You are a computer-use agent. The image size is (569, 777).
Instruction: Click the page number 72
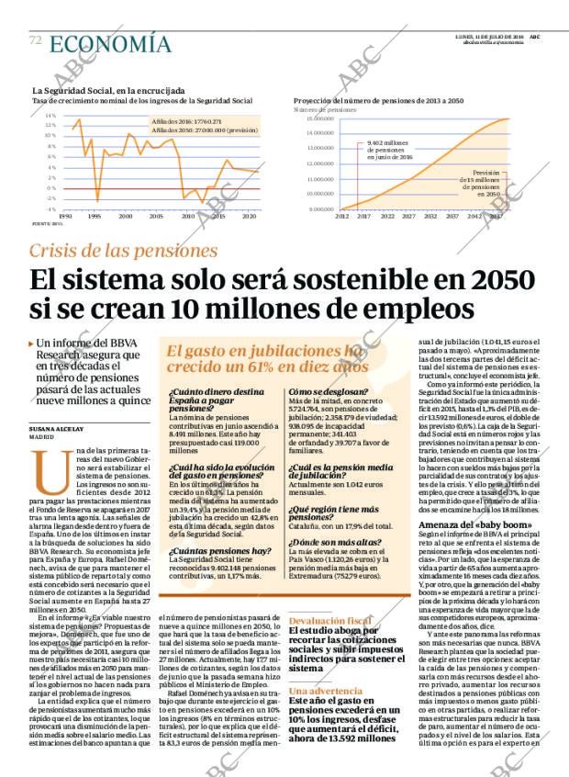tap(36, 40)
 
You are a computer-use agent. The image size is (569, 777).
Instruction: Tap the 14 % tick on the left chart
tap(50, 116)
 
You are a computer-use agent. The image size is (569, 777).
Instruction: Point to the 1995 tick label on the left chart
tap(94, 216)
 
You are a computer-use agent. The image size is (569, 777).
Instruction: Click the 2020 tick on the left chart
tap(249, 216)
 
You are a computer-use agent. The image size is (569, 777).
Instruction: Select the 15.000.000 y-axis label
tap(314, 118)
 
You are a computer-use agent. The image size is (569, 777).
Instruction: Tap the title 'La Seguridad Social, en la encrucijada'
tap(108, 91)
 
